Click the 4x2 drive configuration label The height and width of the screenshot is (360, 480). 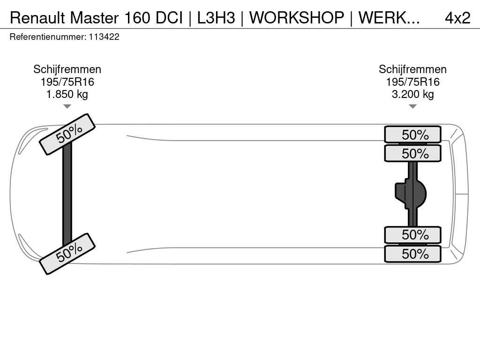click(457, 18)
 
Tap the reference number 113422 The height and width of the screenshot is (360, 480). click(104, 37)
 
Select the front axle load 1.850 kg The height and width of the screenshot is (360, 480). click(67, 94)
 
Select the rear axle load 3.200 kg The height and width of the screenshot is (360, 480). click(412, 94)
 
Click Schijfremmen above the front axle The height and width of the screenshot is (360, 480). click(67, 69)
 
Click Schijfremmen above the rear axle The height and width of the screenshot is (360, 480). click(412, 69)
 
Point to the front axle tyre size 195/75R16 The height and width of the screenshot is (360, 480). click(67, 82)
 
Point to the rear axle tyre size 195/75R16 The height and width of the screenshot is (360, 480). click(412, 82)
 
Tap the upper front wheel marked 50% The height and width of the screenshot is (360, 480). click(67, 134)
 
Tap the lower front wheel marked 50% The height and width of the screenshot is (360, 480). click(67, 254)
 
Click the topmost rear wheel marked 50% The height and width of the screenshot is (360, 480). click(412, 135)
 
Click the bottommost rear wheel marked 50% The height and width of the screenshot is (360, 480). click(412, 254)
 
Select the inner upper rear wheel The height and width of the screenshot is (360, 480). click(412, 153)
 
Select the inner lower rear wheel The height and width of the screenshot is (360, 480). click(412, 235)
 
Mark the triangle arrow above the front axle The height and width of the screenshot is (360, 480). click(67, 106)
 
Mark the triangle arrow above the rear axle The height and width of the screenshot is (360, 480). click(412, 106)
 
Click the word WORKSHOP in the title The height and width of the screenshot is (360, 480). click(296, 18)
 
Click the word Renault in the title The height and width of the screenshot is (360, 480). click(37, 18)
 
